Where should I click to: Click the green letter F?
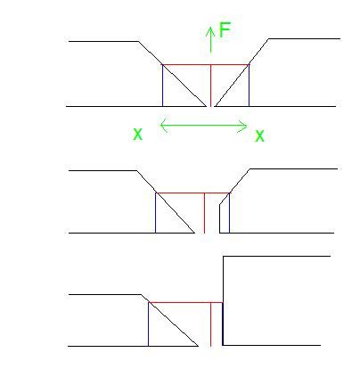point(225,29)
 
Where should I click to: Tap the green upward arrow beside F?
point(210,39)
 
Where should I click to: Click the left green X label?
point(137,135)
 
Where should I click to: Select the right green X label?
point(259,136)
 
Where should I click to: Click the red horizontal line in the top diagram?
point(206,65)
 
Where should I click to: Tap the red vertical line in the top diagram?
point(210,86)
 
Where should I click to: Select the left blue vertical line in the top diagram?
point(163,86)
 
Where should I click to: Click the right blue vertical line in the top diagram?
point(249,86)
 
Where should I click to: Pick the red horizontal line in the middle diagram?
point(192,193)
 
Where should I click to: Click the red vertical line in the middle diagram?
point(204,213)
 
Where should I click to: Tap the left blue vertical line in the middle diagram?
point(156,213)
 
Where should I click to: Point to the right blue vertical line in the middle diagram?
point(229,213)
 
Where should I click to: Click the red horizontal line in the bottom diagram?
point(185,302)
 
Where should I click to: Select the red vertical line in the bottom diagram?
point(210,324)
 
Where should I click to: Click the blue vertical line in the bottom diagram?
point(148,324)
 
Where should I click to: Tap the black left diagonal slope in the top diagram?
point(172,74)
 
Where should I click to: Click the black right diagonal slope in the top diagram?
point(241,72)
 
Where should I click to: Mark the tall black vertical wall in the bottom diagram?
point(223,300)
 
